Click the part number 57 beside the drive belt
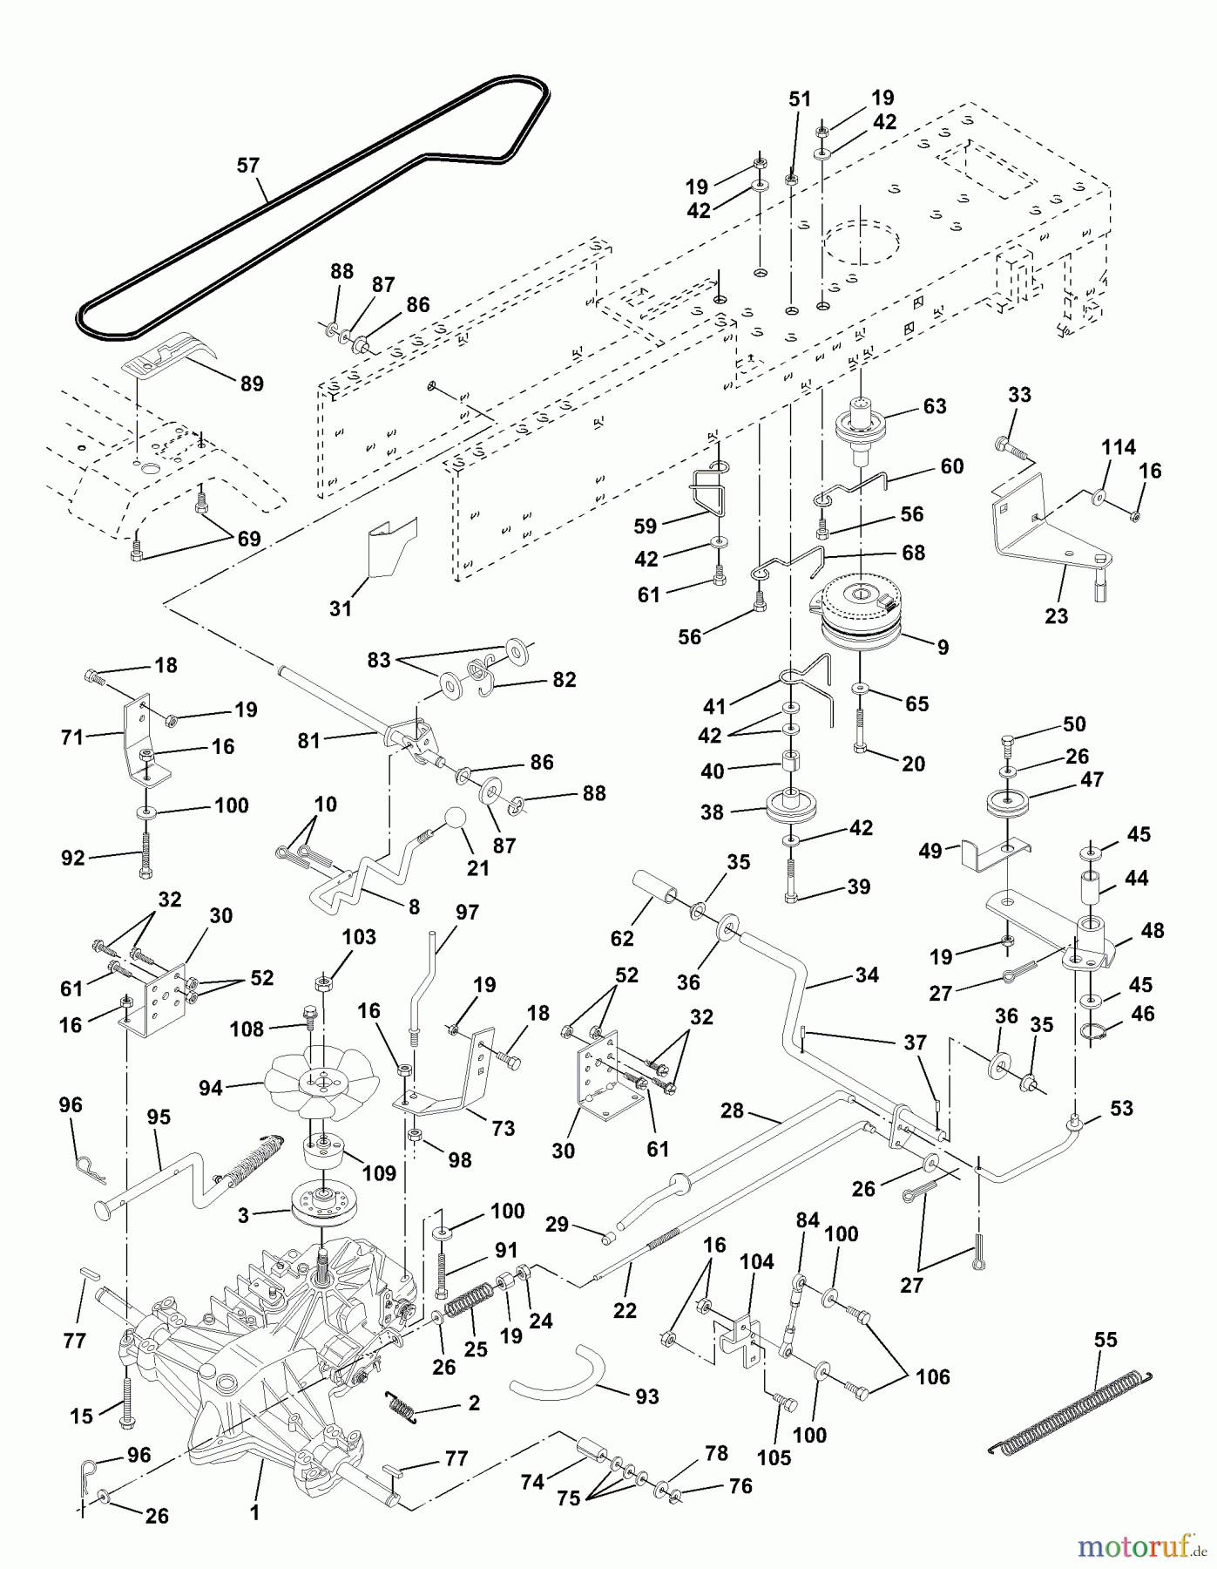pyautogui.click(x=248, y=165)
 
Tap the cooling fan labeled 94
pyautogui.click(x=323, y=1083)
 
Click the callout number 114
pyautogui.click(x=1119, y=447)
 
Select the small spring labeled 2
pyautogui.click(x=401, y=1404)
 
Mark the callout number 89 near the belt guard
pyautogui.click(x=252, y=384)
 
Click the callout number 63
pyautogui.click(x=935, y=406)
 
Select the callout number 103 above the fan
pyautogui.click(x=359, y=937)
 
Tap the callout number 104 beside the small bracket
pyautogui.click(x=757, y=1261)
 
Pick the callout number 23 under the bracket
pyautogui.click(x=1057, y=616)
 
